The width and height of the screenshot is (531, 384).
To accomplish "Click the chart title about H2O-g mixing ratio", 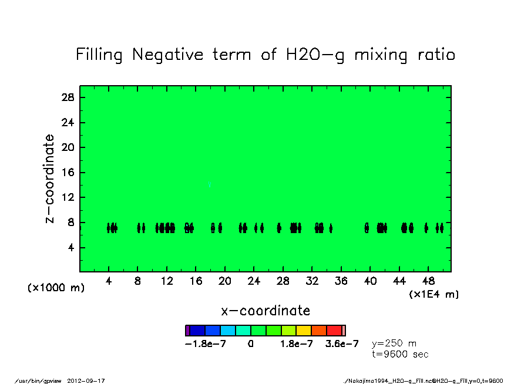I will coord(265,55).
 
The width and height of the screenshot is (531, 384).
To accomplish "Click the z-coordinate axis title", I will coord(50,178).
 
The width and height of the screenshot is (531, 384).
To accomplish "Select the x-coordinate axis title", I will coord(265,311).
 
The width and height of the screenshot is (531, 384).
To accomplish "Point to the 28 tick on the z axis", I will coord(67,97).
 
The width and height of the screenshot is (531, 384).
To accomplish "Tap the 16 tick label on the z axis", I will coord(67,173).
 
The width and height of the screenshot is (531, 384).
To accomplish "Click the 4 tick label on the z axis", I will coord(70,248).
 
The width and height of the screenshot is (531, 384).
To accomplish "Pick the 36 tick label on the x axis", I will coord(341,281).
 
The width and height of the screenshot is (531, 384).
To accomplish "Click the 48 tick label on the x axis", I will coord(428,281).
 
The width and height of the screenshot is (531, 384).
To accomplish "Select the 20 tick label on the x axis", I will coord(225,281).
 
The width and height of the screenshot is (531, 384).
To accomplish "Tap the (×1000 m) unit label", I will coord(56,288).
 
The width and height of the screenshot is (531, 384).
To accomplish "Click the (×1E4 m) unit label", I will coord(433,294).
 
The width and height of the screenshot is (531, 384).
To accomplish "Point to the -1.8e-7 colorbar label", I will coord(206,344).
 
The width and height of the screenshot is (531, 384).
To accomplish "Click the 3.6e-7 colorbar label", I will coord(342,344).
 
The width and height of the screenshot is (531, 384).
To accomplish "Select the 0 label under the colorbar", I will coord(251,344).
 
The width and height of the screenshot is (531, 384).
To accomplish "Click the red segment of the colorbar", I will coord(334,331).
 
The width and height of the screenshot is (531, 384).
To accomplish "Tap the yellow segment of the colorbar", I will coord(304,331).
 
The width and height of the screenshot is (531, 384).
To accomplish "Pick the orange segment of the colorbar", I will coord(319,331).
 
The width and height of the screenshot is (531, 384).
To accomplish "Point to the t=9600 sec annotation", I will coord(400,354).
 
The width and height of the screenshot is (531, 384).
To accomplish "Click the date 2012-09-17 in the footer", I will coord(90,381).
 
